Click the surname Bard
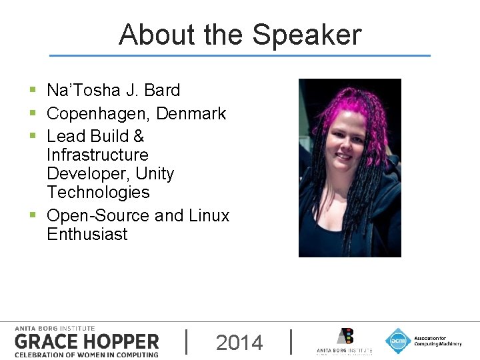click(x=162, y=90)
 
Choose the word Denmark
click(x=191, y=114)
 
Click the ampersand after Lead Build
click(x=139, y=136)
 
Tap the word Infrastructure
click(x=97, y=155)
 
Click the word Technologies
click(x=98, y=192)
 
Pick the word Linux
click(x=209, y=216)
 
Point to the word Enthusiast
click(x=87, y=235)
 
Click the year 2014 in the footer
click(x=239, y=343)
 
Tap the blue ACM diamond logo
click(x=398, y=341)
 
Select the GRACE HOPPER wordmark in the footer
click(x=87, y=342)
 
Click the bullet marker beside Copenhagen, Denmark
click(x=33, y=113)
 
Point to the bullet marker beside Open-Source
click(x=33, y=215)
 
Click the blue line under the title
click(x=240, y=55)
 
